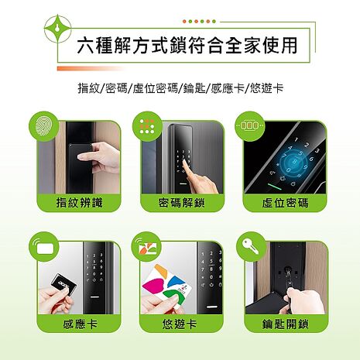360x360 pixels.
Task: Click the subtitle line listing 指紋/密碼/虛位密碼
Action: coord(180,87)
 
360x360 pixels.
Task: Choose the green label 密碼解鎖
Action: coord(180,203)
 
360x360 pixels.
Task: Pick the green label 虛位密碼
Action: coord(284,203)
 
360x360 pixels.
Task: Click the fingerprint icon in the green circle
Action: coord(44,125)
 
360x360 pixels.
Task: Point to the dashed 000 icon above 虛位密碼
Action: coord(252,125)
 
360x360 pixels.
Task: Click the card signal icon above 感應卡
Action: coord(44,249)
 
